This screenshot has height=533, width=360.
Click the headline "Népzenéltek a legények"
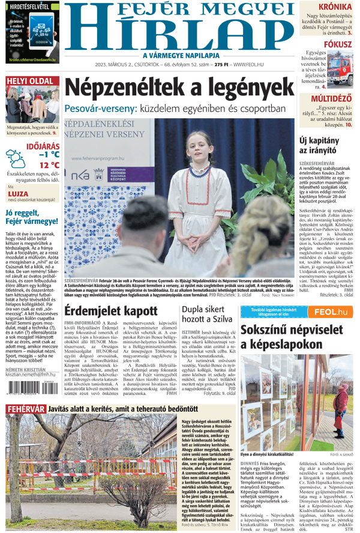coord(178,89)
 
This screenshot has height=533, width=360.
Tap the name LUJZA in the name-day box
coord(18,193)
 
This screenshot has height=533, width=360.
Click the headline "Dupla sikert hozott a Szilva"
coord(208,314)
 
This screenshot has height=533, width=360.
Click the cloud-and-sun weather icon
coord(16,159)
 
